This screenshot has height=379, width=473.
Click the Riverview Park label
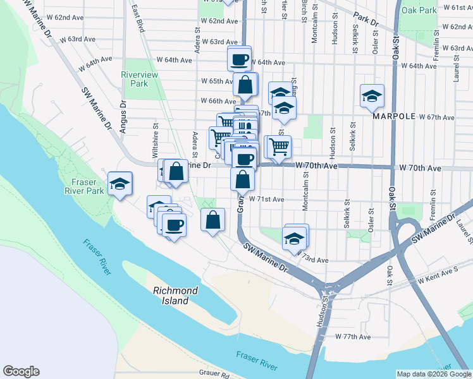(135, 79)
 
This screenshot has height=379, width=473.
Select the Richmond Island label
(175, 295)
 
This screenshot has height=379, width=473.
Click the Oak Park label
(419, 11)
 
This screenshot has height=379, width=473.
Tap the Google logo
(21, 371)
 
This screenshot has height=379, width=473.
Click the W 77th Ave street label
(352, 337)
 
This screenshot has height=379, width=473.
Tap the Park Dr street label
(365, 19)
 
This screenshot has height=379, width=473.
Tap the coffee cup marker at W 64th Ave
(240, 59)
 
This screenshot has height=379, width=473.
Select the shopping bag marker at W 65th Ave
(245, 84)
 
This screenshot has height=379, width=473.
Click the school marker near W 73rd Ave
(295, 238)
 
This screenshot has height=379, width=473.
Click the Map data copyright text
(433, 374)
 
